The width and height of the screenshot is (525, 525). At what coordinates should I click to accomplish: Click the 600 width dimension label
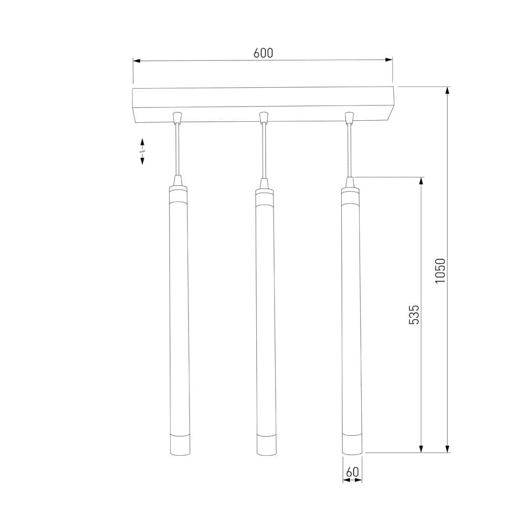tap(263, 53)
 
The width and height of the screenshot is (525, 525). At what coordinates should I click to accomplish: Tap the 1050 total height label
tap(440, 270)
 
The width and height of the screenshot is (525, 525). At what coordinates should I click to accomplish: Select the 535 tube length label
tap(414, 314)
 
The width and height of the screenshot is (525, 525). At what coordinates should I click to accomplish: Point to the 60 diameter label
tap(352, 472)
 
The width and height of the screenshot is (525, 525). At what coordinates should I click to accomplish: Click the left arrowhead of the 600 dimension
tap(136, 61)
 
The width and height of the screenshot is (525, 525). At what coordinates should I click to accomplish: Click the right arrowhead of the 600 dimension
tap(388, 60)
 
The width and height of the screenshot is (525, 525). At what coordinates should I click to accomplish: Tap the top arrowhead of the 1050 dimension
tap(447, 90)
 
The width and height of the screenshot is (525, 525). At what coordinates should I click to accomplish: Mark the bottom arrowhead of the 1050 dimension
tap(447, 449)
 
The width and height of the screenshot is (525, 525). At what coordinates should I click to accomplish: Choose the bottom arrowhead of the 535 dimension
tap(421, 449)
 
